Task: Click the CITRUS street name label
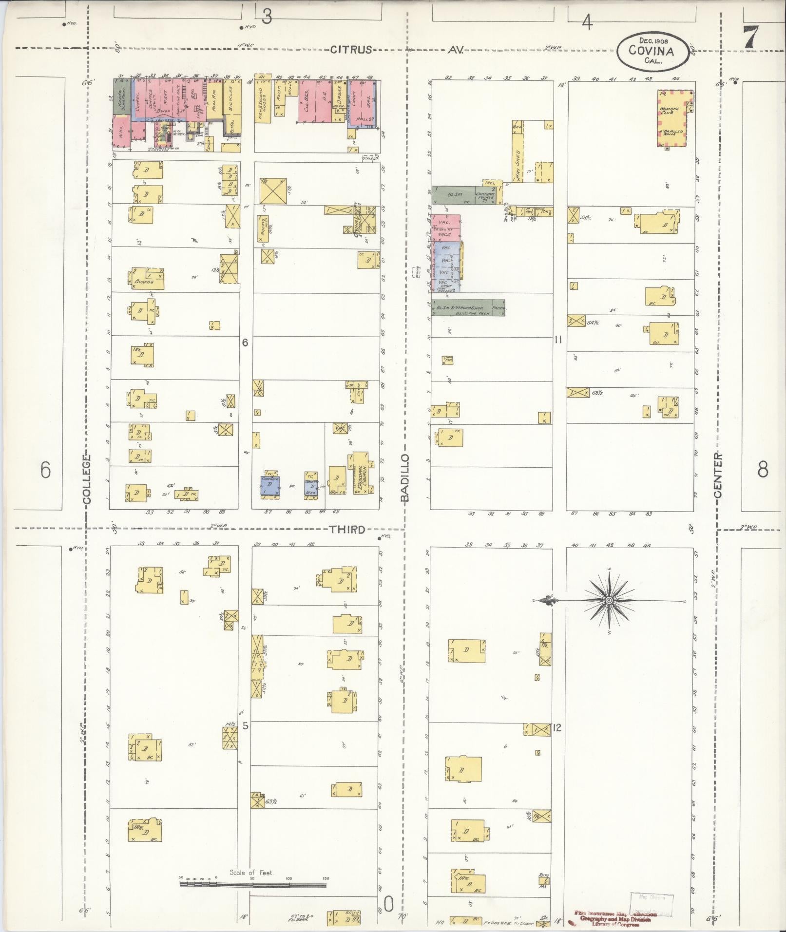click(x=351, y=49)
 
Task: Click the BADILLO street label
click(x=405, y=477)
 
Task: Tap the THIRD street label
click(x=347, y=530)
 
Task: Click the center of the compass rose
click(x=609, y=601)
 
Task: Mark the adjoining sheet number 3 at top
click(x=266, y=17)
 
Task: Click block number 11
click(x=558, y=340)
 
